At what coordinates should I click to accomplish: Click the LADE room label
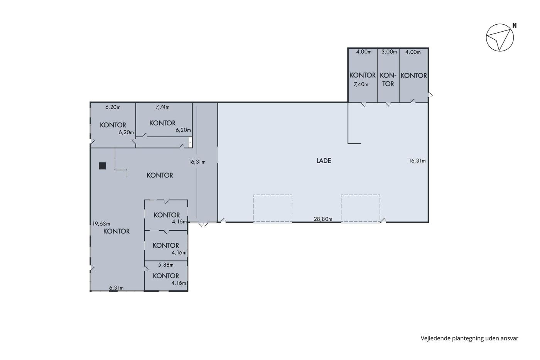324,161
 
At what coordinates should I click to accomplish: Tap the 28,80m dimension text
323,219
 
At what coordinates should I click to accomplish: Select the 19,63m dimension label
101,224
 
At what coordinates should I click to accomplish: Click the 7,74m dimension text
162,107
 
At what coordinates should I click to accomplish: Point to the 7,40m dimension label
361,84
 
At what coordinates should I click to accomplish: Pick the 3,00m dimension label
389,52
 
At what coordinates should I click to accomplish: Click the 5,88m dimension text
165,265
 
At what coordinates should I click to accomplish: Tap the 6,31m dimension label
116,288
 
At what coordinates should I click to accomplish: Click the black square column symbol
103,166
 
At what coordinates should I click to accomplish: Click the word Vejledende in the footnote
435,338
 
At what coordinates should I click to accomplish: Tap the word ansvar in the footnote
510,338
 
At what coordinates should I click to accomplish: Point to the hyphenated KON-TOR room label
388,79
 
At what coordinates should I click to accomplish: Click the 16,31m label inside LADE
417,161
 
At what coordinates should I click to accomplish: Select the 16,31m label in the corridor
197,162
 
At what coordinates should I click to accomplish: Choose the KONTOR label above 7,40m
362,75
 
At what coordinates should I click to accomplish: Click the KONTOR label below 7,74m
162,123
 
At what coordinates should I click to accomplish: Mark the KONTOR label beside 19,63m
116,231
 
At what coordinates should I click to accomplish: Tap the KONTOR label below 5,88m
165,275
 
